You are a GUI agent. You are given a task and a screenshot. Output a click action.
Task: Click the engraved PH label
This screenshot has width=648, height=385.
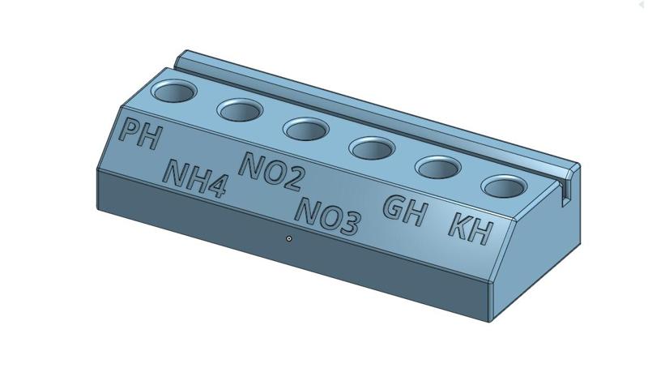[x=139, y=135]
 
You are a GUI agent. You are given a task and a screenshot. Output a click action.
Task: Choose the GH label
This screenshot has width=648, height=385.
[x=405, y=211]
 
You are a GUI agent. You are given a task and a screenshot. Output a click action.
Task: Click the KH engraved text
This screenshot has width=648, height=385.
[x=470, y=229]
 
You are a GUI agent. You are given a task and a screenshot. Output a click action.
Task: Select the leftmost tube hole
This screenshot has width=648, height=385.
[x=174, y=92]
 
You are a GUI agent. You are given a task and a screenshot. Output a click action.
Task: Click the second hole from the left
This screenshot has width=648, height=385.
[x=241, y=110]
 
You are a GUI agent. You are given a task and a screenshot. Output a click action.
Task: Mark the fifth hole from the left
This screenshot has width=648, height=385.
[x=438, y=168]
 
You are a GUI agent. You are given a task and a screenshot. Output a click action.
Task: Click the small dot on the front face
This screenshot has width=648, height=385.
[x=289, y=238]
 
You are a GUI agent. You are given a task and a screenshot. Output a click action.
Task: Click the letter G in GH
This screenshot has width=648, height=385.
[x=395, y=207]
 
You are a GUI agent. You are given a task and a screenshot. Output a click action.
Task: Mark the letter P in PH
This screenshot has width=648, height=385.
[x=129, y=131]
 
